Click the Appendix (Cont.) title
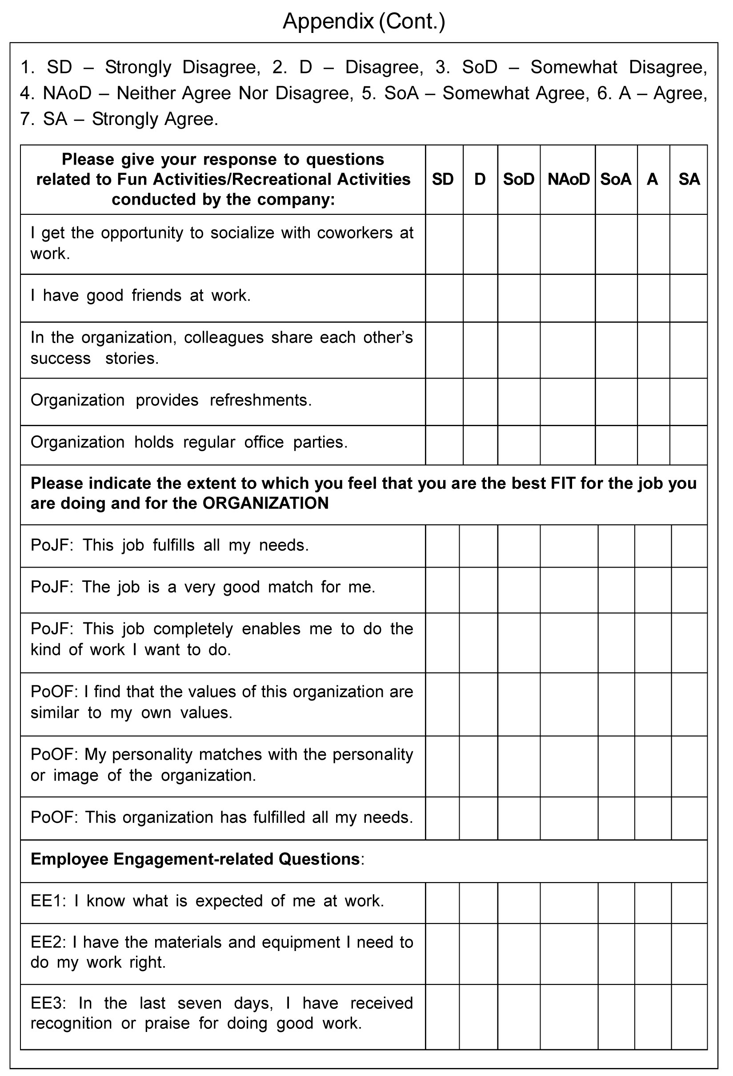click(x=364, y=21)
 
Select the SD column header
click(x=443, y=179)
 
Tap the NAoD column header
click(x=568, y=179)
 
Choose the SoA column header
click(x=616, y=179)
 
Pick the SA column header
click(x=689, y=179)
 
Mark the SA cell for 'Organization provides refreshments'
click(x=688, y=401)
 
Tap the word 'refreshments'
click(x=260, y=400)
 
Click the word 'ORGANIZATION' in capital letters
click(x=266, y=503)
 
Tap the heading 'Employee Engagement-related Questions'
click(x=195, y=859)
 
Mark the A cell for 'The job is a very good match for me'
click(x=653, y=590)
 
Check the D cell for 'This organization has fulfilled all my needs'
click(x=478, y=818)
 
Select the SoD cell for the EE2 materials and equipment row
click(x=519, y=954)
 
